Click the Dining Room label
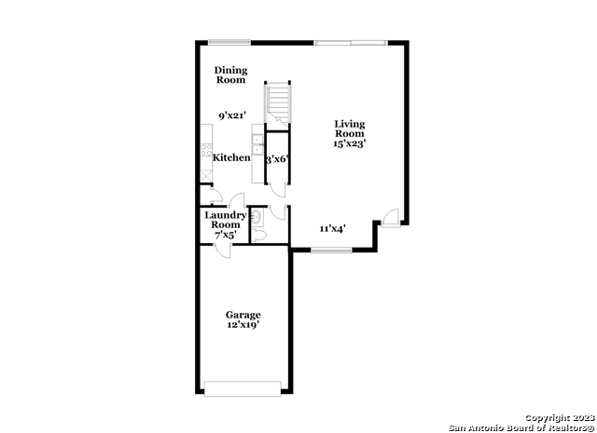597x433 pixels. (230, 74)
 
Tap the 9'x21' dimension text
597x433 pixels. (232, 115)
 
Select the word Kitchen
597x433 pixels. (231, 157)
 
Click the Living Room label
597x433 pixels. (350, 129)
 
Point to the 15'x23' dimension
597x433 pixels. (350, 143)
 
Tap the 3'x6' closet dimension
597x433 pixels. (277, 159)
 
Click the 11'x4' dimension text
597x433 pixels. (332, 228)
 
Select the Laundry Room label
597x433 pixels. (226, 220)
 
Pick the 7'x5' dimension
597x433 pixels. (226, 236)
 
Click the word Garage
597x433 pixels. (243, 315)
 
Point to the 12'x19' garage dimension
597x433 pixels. (243, 325)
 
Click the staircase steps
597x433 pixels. (278, 101)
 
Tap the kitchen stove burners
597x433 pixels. (206, 149)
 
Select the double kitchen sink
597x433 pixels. (257, 145)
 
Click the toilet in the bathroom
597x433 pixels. (258, 235)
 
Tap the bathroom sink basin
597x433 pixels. (257, 217)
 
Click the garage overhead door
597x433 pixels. (243, 389)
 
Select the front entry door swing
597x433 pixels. (390, 218)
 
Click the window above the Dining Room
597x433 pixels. (229, 42)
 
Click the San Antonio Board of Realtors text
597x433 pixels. (521, 428)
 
